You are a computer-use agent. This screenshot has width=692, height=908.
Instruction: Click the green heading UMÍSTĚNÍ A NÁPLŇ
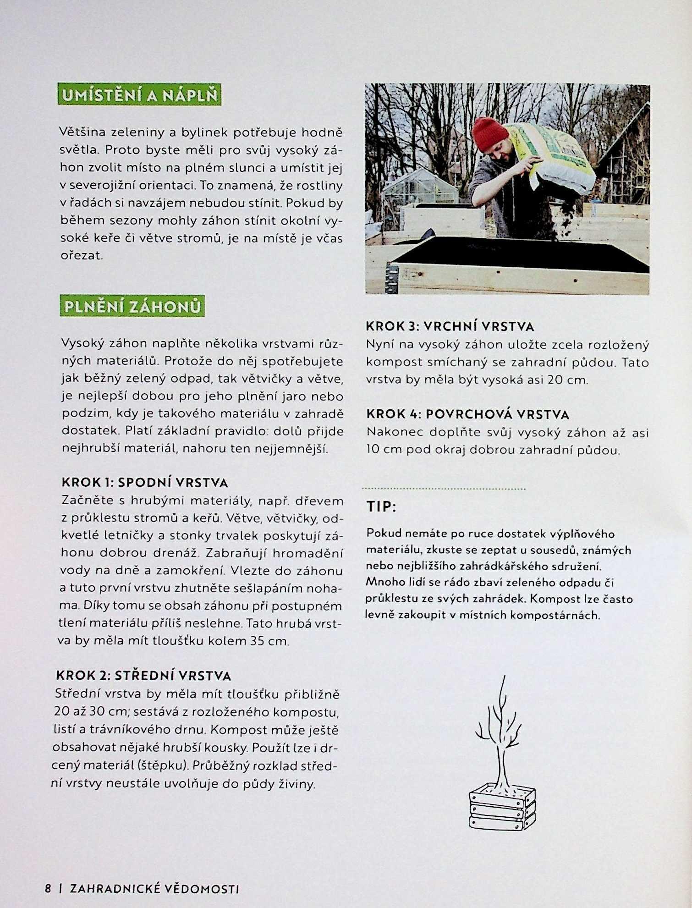[139, 95]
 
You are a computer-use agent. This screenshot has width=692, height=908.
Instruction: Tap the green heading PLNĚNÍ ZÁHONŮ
[132, 306]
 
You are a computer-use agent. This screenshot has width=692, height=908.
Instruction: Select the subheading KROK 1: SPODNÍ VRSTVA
[145, 482]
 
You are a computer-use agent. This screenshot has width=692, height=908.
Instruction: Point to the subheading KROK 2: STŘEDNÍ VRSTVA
[143, 676]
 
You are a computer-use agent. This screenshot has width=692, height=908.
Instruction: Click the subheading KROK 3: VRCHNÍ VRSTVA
[450, 326]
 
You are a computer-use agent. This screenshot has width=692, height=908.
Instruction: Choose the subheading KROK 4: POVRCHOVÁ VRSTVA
[467, 414]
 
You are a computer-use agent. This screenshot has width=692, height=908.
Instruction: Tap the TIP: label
[381, 506]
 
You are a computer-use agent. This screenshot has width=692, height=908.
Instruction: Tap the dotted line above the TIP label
[444, 489]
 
